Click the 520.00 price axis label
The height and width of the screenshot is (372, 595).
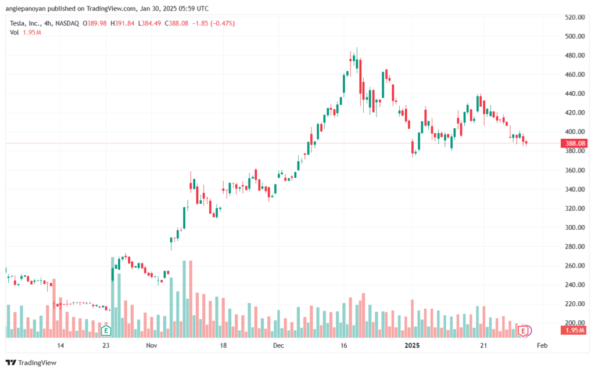(575, 17)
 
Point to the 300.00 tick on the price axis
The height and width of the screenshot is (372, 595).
(575, 227)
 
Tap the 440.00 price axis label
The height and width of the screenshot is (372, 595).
(575, 93)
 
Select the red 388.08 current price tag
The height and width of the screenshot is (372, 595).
(575, 143)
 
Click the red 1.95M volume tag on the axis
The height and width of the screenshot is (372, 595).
(575, 330)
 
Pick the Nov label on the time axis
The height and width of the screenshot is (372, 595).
(152, 345)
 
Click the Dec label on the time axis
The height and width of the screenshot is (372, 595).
(278, 345)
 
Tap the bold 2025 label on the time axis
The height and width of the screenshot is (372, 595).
(412, 345)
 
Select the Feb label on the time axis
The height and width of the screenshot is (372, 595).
(542, 345)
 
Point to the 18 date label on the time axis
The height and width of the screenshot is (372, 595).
(223, 345)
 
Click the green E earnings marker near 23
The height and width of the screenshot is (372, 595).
(106, 331)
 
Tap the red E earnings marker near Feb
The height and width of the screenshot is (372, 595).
(524, 331)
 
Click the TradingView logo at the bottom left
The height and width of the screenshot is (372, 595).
(31, 363)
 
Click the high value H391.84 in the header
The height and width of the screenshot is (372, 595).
(122, 23)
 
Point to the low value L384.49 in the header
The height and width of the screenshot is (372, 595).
(149, 23)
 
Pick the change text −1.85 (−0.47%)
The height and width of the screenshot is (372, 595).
(213, 23)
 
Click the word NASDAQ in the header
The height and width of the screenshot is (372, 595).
(67, 23)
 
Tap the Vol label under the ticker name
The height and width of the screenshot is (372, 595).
(15, 32)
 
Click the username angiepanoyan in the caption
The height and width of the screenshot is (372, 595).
(26, 8)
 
